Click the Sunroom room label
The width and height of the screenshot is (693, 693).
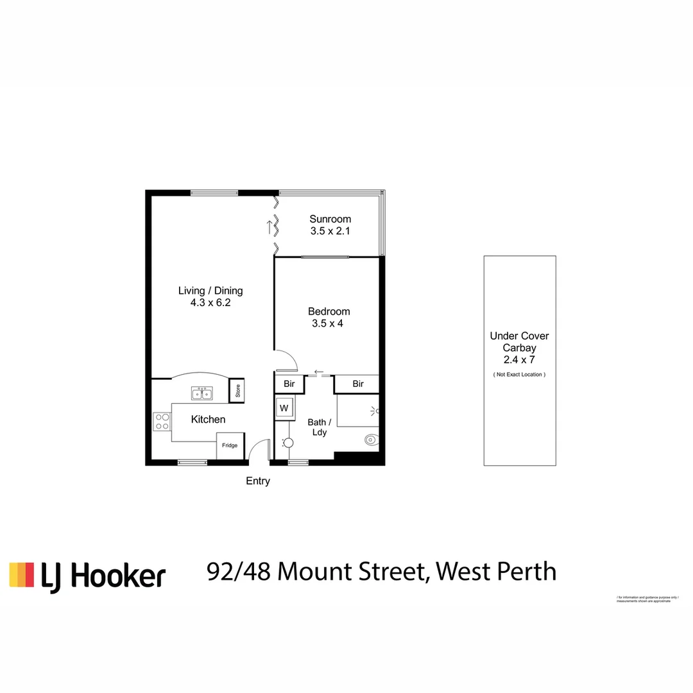(330, 219)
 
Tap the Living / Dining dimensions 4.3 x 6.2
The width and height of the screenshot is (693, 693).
(210, 303)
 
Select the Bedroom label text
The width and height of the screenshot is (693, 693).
(328, 312)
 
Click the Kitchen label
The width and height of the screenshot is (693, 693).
(209, 420)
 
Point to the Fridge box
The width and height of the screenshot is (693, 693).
(230, 446)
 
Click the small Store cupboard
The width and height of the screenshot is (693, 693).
(237, 390)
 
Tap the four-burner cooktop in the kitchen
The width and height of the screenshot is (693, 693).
(162, 422)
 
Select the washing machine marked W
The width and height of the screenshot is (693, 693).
(284, 407)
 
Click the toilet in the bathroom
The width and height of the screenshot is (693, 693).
(370, 440)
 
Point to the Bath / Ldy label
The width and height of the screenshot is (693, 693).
(320, 427)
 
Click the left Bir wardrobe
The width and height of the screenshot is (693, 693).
(289, 384)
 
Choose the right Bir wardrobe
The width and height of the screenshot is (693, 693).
(358, 384)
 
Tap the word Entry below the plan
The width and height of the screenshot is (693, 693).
(258, 481)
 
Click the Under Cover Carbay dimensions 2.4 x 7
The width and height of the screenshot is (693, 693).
(519, 361)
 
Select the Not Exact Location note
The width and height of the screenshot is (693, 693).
(519, 374)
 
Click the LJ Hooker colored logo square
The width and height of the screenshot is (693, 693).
(21, 575)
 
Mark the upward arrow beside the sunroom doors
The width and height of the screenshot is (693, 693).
(270, 226)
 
